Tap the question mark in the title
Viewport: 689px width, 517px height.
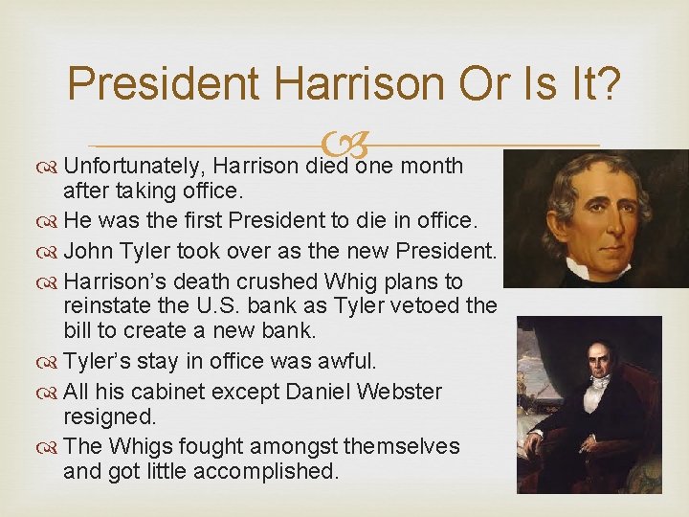pyautogui.click(x=607, y=84)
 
